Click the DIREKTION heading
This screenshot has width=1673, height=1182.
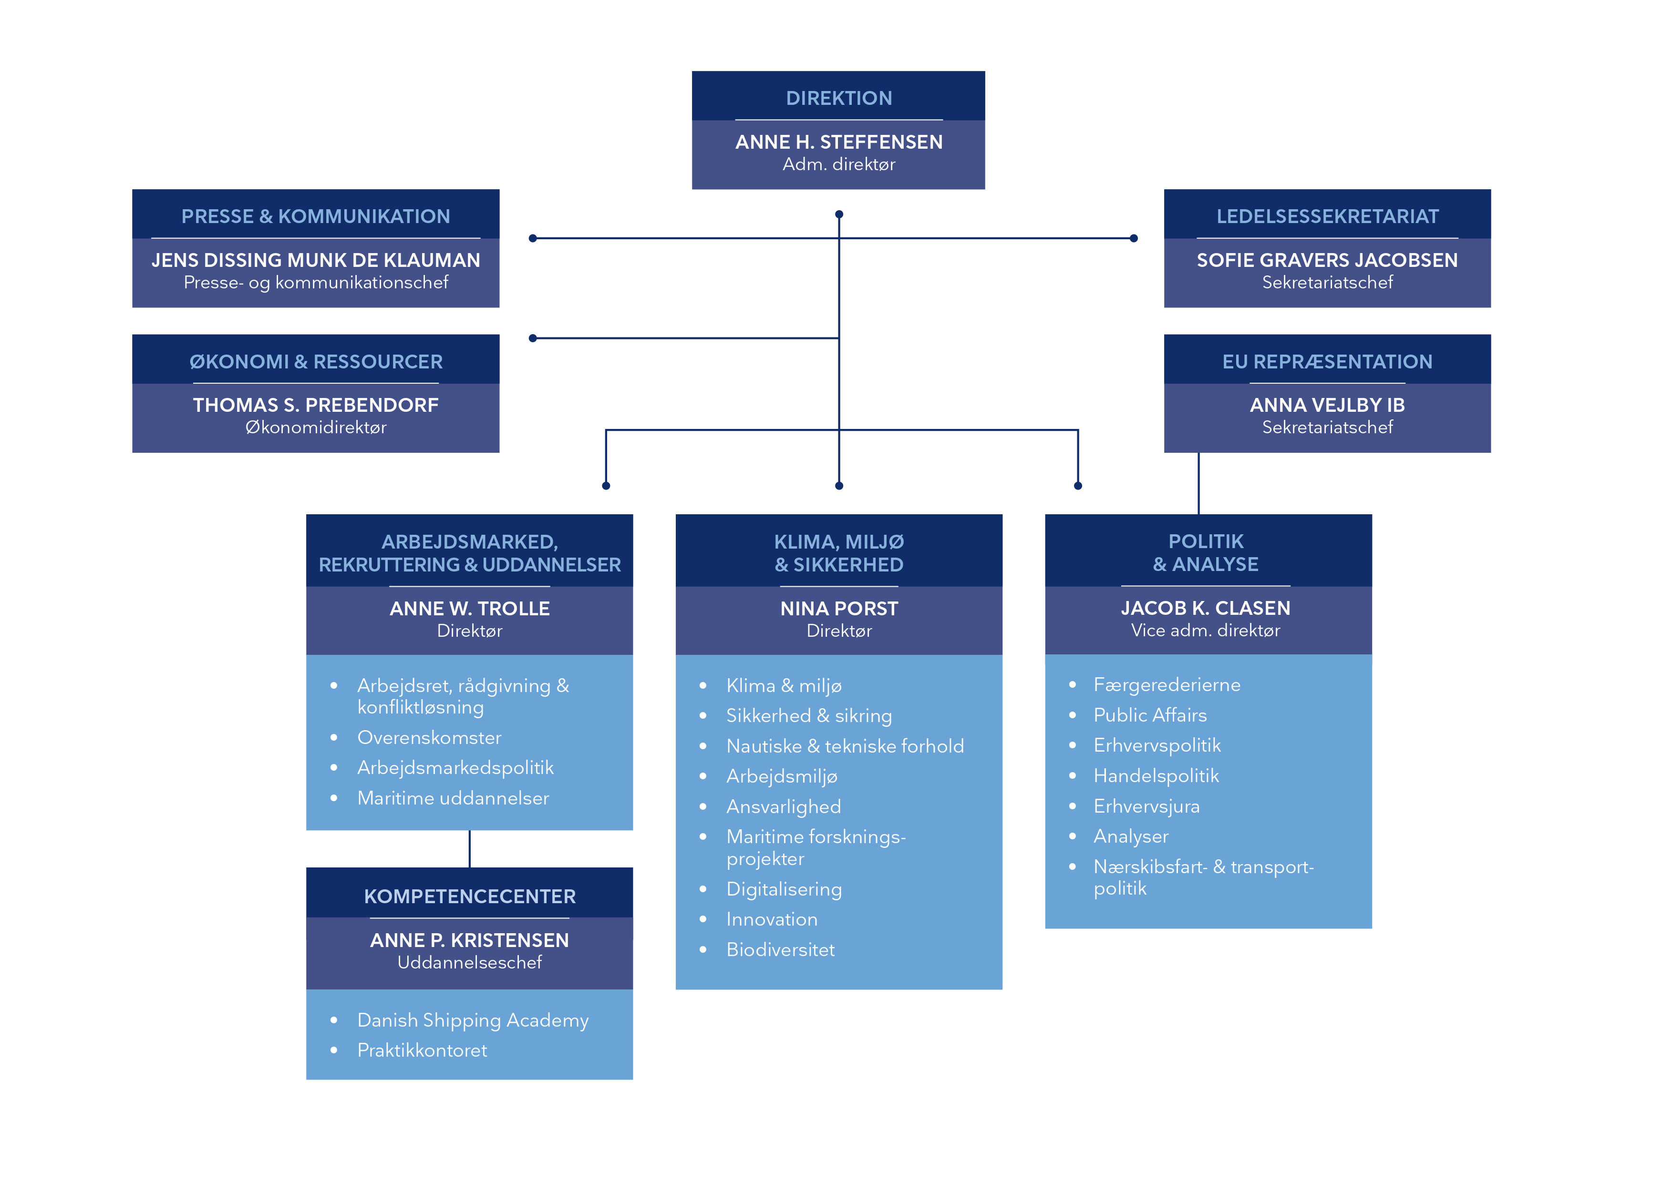click(x=839, y=98)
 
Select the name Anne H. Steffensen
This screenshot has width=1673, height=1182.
click(x=839, y=142)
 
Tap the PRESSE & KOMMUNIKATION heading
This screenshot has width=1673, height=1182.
click(x=316, y=216)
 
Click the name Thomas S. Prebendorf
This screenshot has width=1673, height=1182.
click(x=316, y=405)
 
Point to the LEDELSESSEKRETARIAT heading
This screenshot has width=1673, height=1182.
click(x=1327, y=216)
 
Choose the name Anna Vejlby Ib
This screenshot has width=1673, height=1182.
click(x=1327, y=405)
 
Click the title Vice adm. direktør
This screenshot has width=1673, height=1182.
click(x=1205, y=631)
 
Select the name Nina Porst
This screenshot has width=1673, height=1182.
click(x=839, y=608)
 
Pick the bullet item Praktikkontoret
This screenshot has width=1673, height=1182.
click(x=422, y=1050)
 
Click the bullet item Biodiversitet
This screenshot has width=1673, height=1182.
click(x=780, y=950)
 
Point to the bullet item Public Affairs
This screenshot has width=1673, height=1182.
click(x=1150, y=715)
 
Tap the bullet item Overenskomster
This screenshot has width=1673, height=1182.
click(x=429, y=738)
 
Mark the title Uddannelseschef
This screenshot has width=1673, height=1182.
click(x=469, y=963)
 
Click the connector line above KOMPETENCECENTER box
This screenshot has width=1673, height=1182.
click(x=469, y=849)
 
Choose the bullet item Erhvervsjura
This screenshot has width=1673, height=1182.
click(x=1146, y=806)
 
